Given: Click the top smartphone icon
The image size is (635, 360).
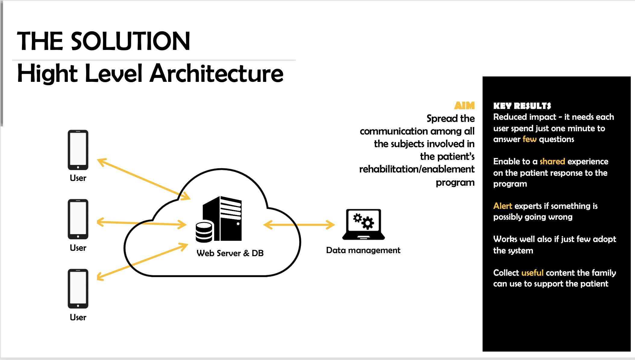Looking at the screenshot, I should pos(78,150).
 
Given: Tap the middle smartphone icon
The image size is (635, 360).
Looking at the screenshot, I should pos(78,219).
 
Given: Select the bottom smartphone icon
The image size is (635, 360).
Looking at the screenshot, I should pos(78,288).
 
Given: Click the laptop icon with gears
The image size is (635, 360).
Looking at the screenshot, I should pos(363,224).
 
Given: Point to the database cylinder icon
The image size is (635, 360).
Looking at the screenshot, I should pos(204,232).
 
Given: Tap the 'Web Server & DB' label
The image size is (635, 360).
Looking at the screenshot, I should pos(230,253).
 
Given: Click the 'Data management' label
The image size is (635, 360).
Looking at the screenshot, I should pos(363,250).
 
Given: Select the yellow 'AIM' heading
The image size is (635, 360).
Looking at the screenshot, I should pos(464,106).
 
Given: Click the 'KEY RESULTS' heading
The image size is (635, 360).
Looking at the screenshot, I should pos(522,106).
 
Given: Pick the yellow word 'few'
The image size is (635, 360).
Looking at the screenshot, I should pos(529,139).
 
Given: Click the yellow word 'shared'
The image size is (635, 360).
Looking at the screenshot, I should pos(552,161).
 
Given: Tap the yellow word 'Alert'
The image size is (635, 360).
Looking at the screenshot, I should pos(502,206).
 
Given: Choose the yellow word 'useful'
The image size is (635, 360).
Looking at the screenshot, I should pos(532,273).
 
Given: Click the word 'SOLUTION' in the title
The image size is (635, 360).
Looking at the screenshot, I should pos(130,41).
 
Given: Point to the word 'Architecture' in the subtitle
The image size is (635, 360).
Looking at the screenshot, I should pos(217,74).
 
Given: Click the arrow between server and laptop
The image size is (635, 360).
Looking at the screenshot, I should pos(299,225).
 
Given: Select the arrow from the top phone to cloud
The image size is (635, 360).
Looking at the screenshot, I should pos(143,179).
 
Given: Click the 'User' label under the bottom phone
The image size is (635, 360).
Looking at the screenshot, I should pos(78,317).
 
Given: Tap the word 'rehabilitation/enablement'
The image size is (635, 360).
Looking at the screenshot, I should pos(417,169).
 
